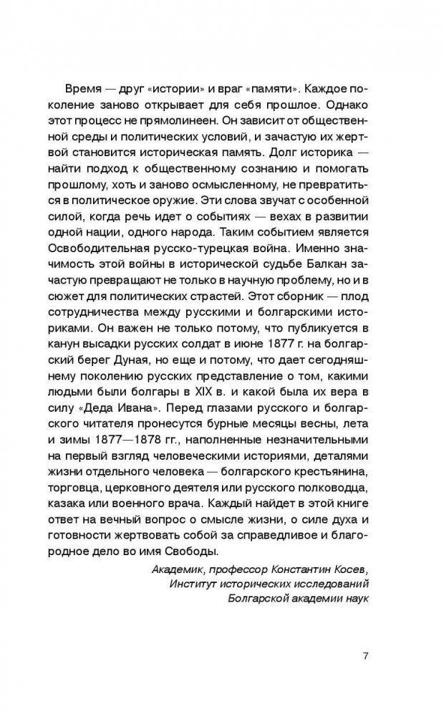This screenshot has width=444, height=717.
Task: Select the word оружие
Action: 228,200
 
